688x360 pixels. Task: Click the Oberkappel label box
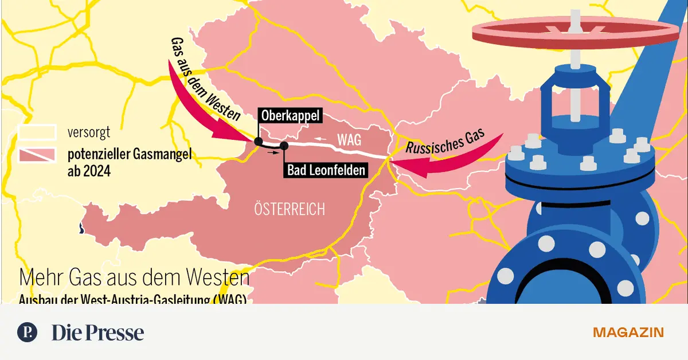(x=290, y=115)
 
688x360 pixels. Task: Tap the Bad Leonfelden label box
(x=325, y=170)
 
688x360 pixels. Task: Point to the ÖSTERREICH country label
(x=290, y=209)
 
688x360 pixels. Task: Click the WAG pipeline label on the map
(x=350, y=140)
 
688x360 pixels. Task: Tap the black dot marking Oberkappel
(x=258, y=142)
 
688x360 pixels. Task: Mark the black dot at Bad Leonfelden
(x=283, y=146)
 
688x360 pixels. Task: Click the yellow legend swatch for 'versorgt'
(x=37, y=133)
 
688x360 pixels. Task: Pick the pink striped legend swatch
(x=37, y=154)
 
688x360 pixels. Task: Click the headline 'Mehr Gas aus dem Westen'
(x=134, y=278)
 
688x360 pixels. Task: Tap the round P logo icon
(x=28, y=332)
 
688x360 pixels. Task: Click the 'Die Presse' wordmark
(x=97, y=332)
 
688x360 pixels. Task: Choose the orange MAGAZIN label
(x=628, y=332)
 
